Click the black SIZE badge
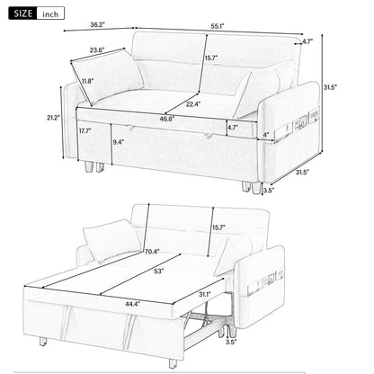click(23, 14)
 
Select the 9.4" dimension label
click(119, 142)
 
